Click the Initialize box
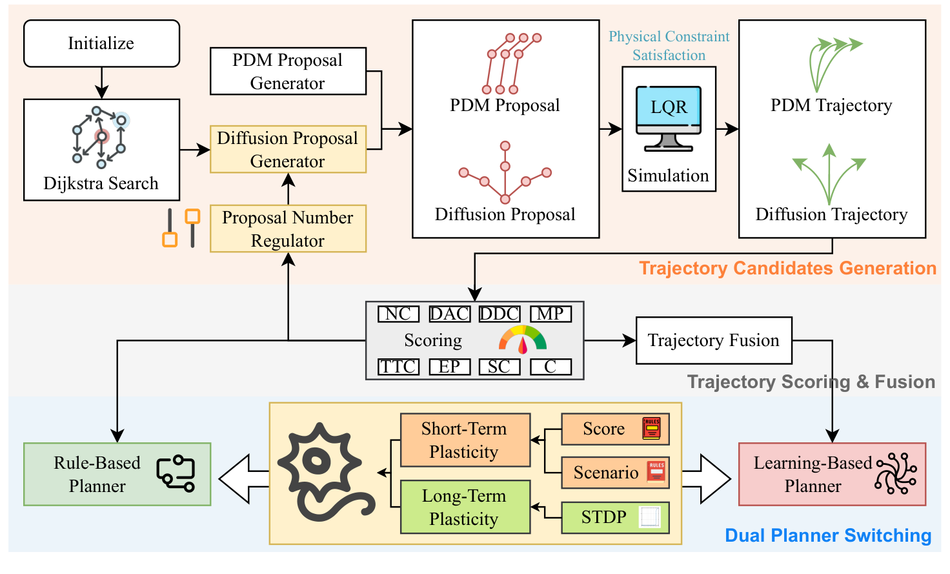[101, 43]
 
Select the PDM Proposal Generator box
[288, 71]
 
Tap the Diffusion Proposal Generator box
[288, 149]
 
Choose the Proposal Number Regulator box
[288, 229]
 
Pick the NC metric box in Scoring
[398, 314]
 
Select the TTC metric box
[398, 367]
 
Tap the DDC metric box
[500, 314]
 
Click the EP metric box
[449, 367]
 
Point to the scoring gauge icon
[523, 340]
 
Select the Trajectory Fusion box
[714, 340]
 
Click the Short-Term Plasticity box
[465, 440]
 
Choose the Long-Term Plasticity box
[465, 507]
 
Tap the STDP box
[614, 517]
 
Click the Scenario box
[614, 473]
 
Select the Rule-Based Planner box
[117, 474]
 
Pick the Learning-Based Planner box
[832, 474]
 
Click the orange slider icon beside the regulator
[181, 228]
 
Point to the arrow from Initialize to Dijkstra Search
[101, 83]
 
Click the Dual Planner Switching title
[828, 535]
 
